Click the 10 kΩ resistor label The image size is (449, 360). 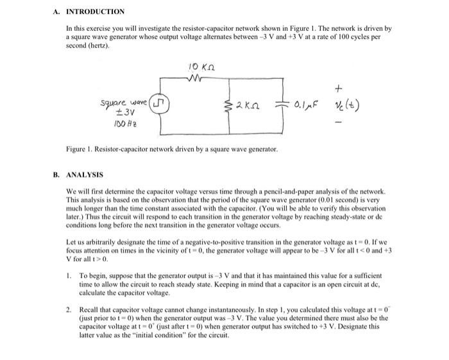pos(201,66)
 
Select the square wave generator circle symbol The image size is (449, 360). pos(161,105)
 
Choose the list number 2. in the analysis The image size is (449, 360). pos(69,309)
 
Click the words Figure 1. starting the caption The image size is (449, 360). pos(80,149)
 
